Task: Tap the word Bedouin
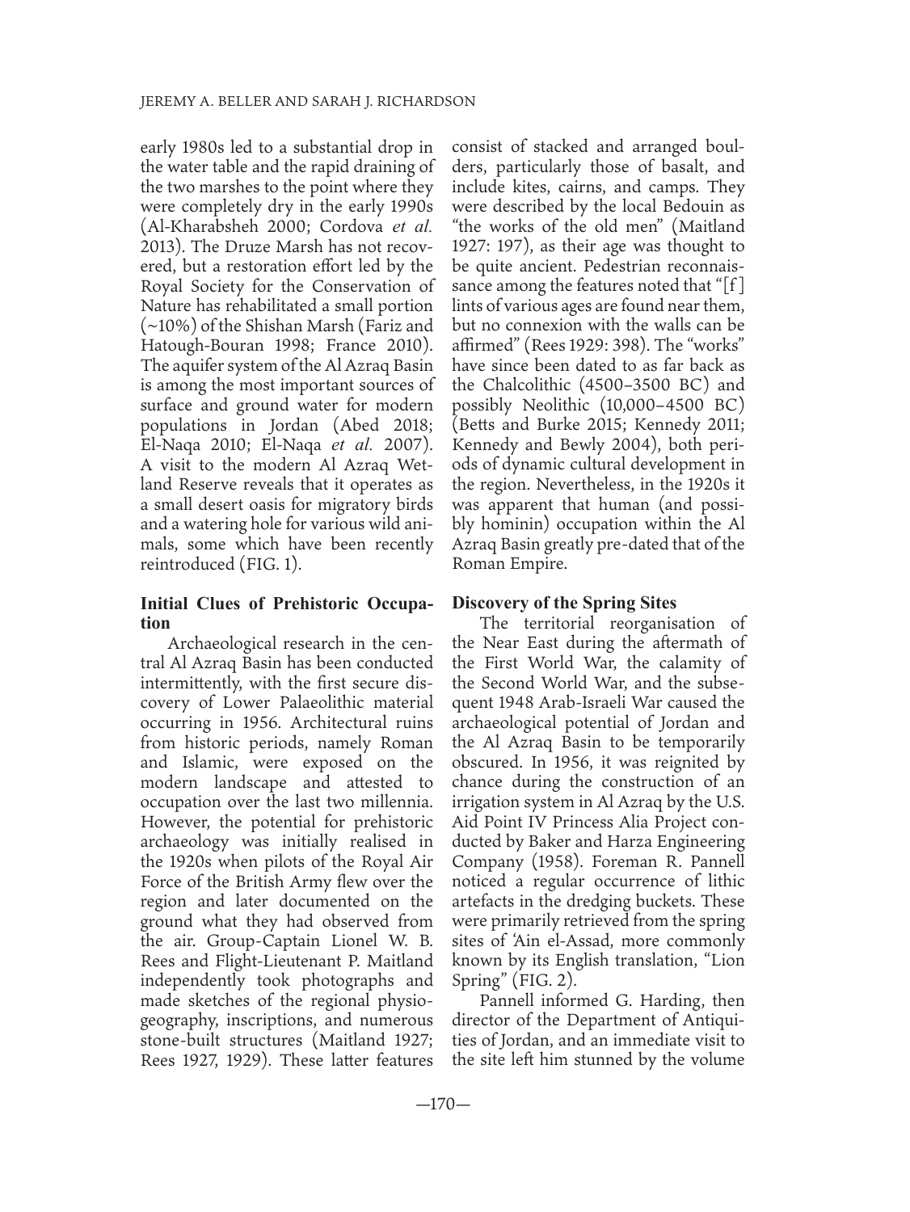pyautogui.click(x=693, y=207)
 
